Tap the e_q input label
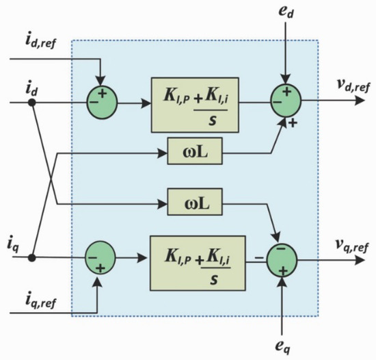coord(283,347)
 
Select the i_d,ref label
coord(41,41)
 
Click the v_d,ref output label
coord(353,86)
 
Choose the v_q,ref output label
coord(351,246)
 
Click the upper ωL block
coord(195,151)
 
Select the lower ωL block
coord(195,202)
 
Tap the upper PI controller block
coord(195,105)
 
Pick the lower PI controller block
coord(198,263)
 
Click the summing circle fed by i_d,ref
coord(102,103)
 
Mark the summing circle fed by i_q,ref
coord(100,258)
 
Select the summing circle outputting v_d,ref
coord(286,101)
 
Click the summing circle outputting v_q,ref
coord(282,260)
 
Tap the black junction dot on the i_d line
coord(32,103)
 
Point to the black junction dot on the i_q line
coord(32,258)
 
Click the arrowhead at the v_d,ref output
coord(360,101)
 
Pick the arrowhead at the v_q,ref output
coord(360,260)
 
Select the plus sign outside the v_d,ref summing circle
coord(293,123)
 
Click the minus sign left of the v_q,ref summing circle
coord(259,258)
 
